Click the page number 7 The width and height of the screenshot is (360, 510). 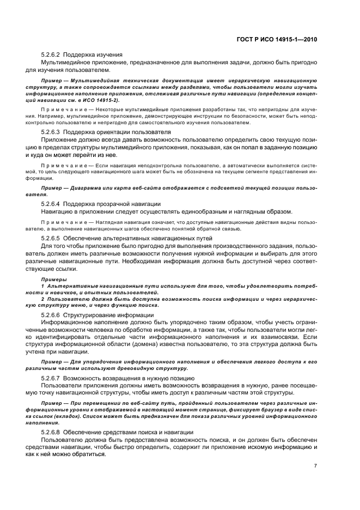(315, 465)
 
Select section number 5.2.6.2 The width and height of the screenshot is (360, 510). (51, 54)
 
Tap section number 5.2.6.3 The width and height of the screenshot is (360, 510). (51, 132)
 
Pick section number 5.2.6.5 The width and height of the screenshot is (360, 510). (51, 239)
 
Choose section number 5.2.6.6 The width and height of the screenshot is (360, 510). (51, 315)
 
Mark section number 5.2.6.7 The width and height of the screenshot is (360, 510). (51, 377)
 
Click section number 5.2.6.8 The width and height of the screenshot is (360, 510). (51, 432)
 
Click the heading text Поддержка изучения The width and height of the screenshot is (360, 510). (93, 54)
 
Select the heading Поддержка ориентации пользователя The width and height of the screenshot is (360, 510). (117, 132)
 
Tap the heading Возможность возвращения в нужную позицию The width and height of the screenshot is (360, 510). (130, 377)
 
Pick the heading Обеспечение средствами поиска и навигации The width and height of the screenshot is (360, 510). (128, 432)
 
